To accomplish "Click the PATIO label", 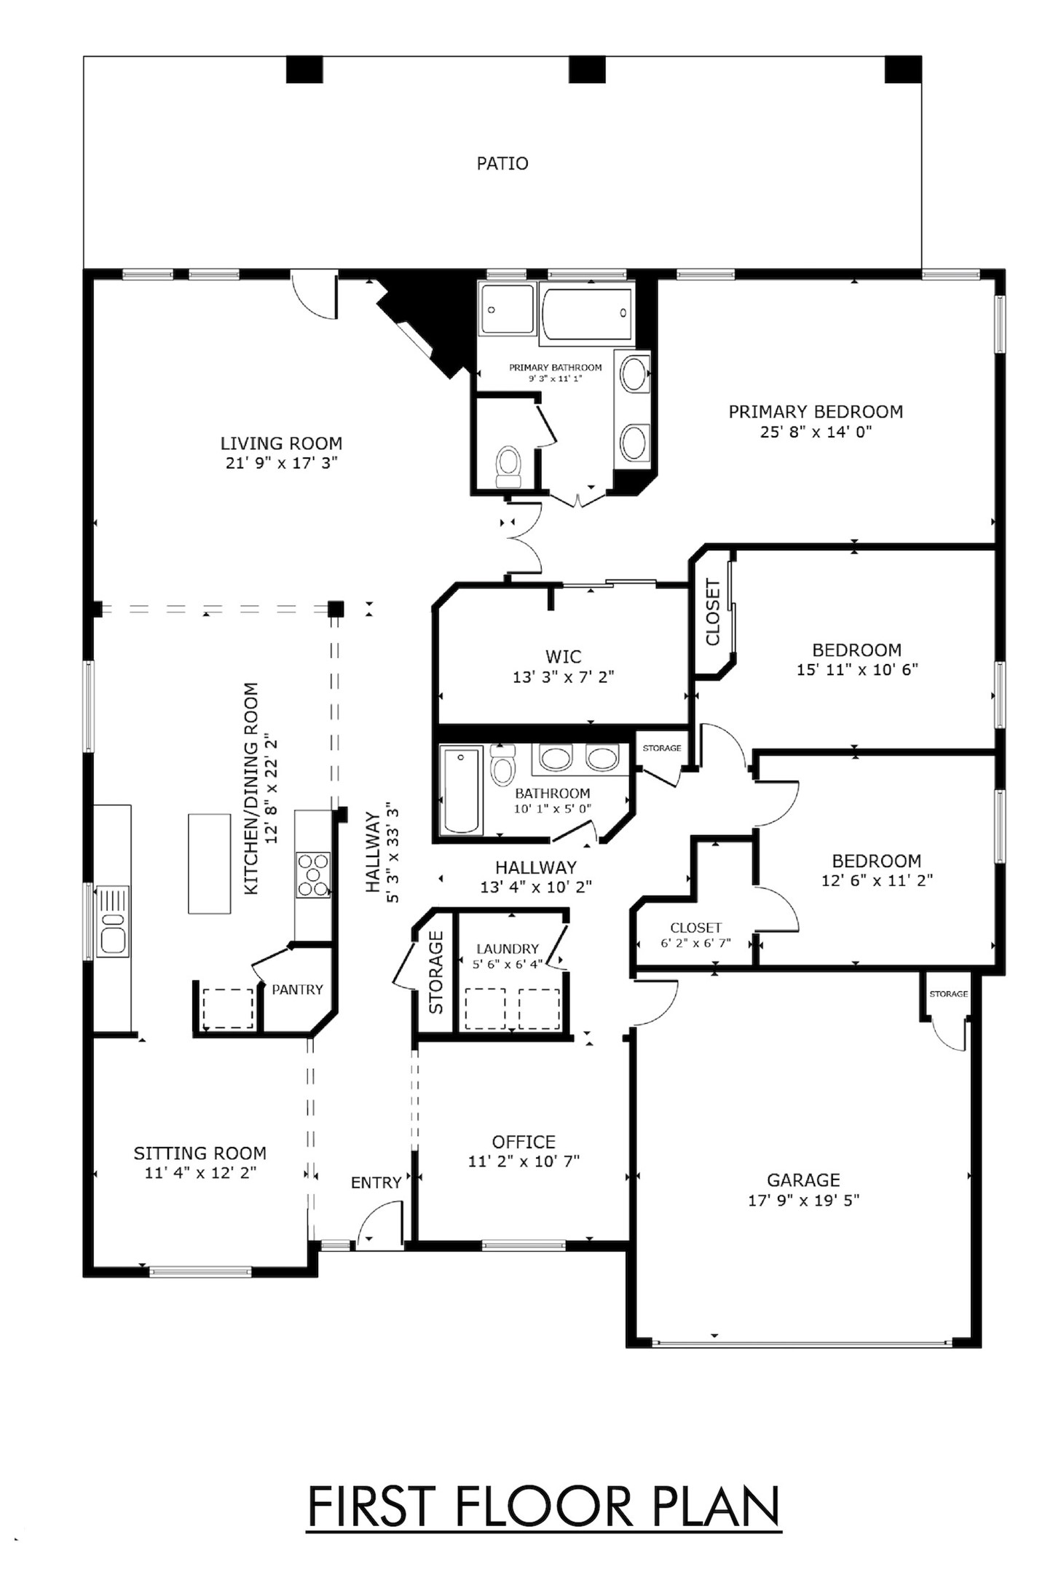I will coord(502,163).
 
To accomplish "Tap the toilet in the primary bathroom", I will coord(508,465).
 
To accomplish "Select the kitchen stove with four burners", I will coord(313,874).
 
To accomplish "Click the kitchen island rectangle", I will coord(209,863).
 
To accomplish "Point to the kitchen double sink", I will coord(113,920).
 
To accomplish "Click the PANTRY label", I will coord(297,990).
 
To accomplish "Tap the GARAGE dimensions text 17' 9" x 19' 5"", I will coord(803,1200).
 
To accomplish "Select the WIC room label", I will coord(563,656).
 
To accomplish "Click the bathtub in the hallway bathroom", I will coord(460,790).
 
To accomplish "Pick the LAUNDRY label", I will coord(508,949).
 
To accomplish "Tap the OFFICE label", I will coord(523,1142).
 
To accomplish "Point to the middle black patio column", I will coord(586,70).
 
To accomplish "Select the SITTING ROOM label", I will coord(200,1153).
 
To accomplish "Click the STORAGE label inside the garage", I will coord(948,994).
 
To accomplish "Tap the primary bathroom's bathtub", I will coord(586,314).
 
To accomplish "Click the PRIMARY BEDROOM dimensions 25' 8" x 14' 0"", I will coord(816,432).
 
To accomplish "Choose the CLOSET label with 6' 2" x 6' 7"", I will coord(695,928).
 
